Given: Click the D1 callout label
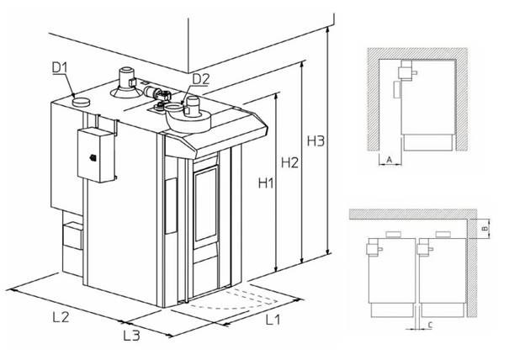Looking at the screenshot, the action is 61,67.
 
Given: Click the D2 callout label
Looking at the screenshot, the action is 201,79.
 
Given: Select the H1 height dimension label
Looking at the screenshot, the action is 266,183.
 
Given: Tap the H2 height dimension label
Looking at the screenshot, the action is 289,162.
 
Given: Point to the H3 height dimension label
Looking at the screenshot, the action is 316,141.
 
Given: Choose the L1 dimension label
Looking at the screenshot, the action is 273,320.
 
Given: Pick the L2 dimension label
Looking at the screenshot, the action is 61,317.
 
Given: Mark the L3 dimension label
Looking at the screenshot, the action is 131,336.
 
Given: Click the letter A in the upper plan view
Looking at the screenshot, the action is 390,160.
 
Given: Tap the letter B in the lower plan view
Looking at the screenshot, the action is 484,229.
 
